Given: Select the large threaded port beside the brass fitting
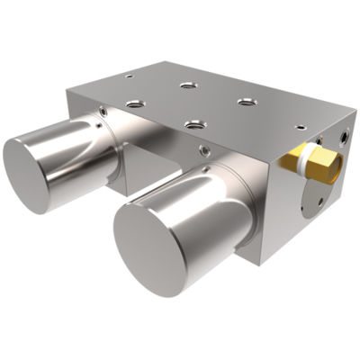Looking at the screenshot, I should coord(346,138).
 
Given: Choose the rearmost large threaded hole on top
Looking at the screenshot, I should coord(187,85).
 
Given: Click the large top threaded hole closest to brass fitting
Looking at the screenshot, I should coord(244,102).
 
